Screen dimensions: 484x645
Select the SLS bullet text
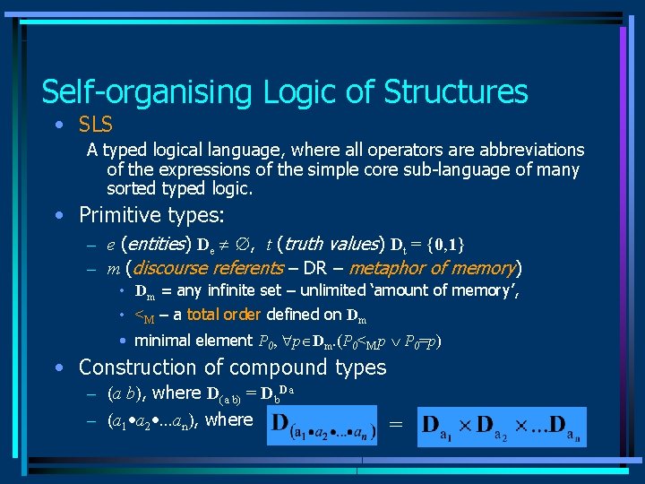[x=96, y=125]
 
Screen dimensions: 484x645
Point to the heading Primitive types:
[x=151, y=215]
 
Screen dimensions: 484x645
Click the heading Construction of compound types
[x=233, y=367]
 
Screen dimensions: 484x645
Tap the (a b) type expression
[x=127, y=393]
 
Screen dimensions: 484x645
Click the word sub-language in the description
[x=439, y=169]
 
